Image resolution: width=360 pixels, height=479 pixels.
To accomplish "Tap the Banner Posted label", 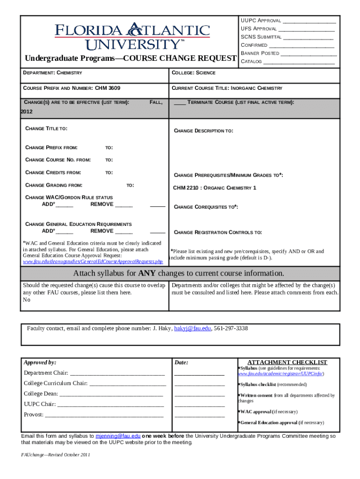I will tap(260, 53).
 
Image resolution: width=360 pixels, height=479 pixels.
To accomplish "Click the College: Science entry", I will tap(194, 73).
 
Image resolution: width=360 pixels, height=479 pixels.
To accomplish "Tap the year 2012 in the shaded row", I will tap(27, 112).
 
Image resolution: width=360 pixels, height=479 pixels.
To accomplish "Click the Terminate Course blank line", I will tap(180, 102).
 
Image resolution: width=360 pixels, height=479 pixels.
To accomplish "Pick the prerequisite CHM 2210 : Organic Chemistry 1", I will tap(215, 188).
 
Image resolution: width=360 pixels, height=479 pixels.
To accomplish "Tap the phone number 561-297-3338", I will tap(231, 328).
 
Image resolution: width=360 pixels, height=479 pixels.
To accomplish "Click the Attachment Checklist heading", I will tap(287, 363).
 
